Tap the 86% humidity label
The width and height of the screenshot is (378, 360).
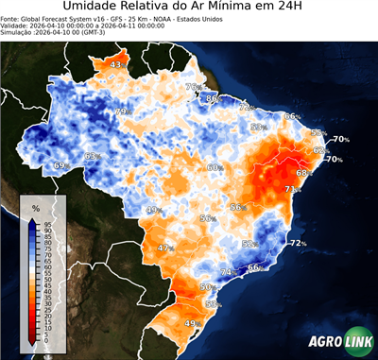pyautogui.click(x=214, y=98)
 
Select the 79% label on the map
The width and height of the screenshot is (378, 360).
pyautogui.click(x=121, y=111)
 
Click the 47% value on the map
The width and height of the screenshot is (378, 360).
pyautogui.click(x=164, y=248)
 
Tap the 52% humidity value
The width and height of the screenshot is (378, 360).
pyautogui.click(x=249, y=244)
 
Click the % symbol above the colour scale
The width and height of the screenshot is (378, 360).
pyautogui.click(x=35, y=207)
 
